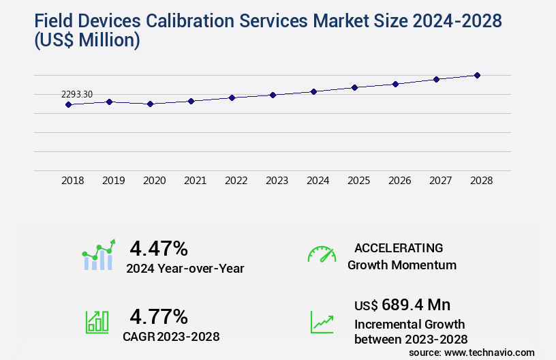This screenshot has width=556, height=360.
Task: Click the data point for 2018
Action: [68, 104]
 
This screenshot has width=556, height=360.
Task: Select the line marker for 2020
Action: [151, 104]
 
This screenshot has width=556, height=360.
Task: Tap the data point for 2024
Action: [313, 91]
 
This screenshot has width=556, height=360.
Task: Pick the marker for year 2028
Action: [477, 75]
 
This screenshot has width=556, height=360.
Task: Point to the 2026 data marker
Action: [395, 84]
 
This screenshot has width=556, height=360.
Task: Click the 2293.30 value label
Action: [77, 94]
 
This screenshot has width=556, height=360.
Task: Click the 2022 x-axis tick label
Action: [236, 181]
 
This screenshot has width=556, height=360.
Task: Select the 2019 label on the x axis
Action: [113, 181]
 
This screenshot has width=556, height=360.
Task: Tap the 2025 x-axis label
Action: [358, 181]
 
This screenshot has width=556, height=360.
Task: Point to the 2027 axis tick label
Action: [440, 181]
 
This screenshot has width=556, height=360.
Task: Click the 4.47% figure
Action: [159, 247]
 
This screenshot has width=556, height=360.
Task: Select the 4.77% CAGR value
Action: [159, 316]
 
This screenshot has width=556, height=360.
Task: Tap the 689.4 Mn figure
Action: [416, 305]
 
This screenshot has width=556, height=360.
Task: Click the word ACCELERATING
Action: [399, 247]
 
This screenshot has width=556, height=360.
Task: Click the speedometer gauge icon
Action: [322, 254]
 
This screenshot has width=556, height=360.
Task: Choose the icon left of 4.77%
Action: [97, 322]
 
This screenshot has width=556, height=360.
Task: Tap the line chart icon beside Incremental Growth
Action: [322, 322]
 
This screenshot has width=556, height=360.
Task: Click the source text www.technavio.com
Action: [491, 352]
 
